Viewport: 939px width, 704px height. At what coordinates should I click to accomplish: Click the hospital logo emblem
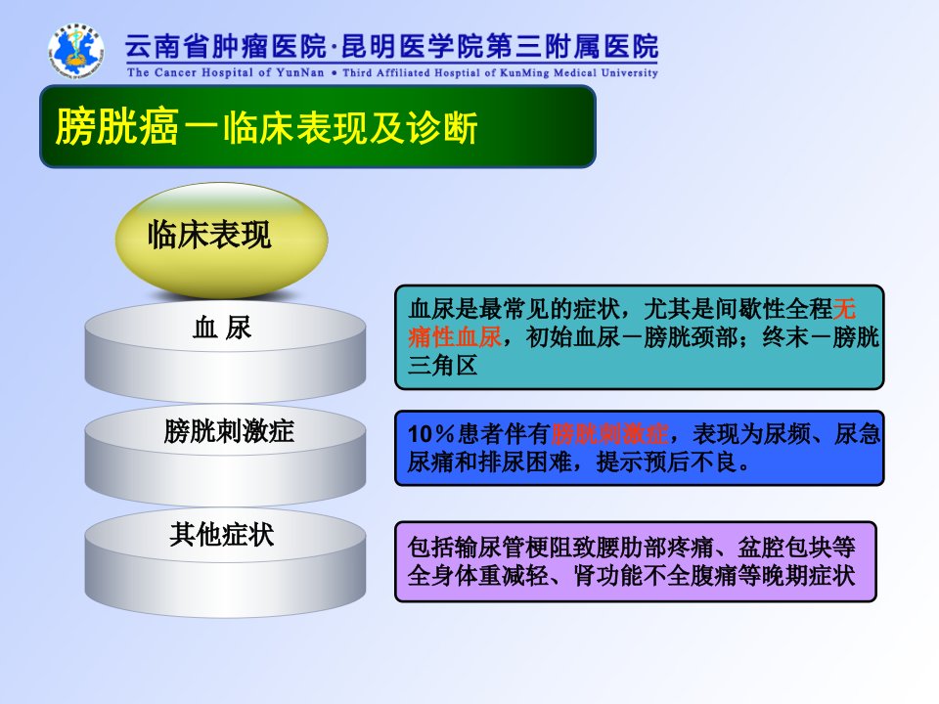[75, 52]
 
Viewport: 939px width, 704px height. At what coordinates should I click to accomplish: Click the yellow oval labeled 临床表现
[222, 240]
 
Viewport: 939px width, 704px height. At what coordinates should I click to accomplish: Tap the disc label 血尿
[222, 328]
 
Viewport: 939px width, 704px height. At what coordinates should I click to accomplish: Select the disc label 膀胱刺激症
[229, 431]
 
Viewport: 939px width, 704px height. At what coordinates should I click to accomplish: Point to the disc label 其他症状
[222, 534]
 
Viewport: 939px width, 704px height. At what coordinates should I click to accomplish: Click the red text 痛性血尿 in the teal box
[455, 337]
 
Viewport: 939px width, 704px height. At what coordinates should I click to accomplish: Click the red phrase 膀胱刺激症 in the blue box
[609, 433]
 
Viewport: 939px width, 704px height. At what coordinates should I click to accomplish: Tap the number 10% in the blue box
[430, 434]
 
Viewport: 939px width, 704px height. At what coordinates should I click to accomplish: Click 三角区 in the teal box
[442, 365]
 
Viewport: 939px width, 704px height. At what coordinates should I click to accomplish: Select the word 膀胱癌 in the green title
[117, 127]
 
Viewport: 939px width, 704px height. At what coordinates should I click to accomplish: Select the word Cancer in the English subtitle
[175, 72]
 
